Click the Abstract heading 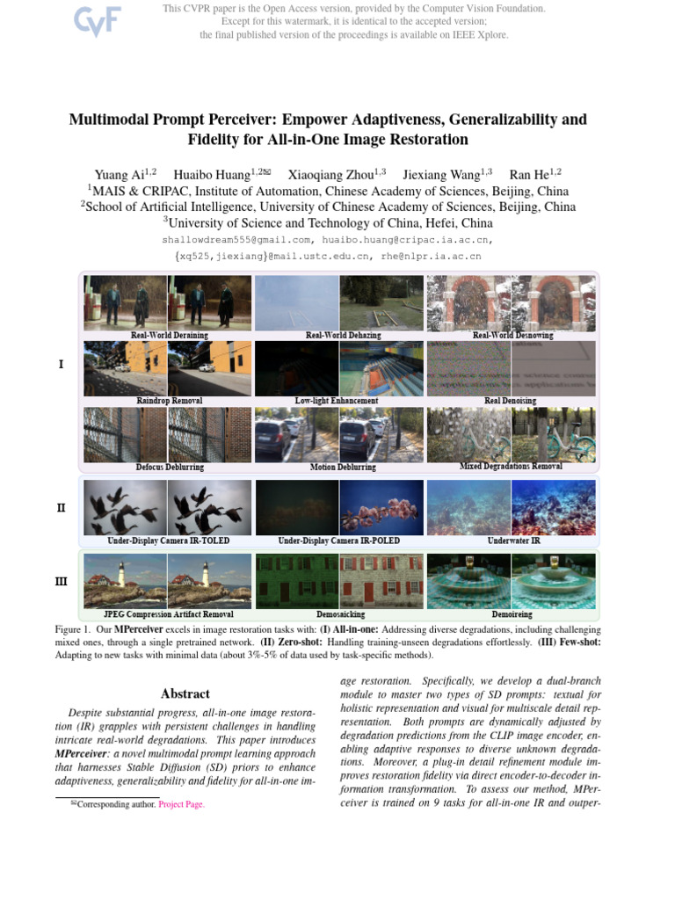point(185,693)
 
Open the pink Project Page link point(181,804)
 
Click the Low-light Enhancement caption point(337,401)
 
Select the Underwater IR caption point(513,541)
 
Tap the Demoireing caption point(512,614)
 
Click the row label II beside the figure point(61,507)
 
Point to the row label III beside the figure point(61,581)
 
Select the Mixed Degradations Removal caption point(511,467)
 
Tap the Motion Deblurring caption point(343,467)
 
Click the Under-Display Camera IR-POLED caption point(338,541)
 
